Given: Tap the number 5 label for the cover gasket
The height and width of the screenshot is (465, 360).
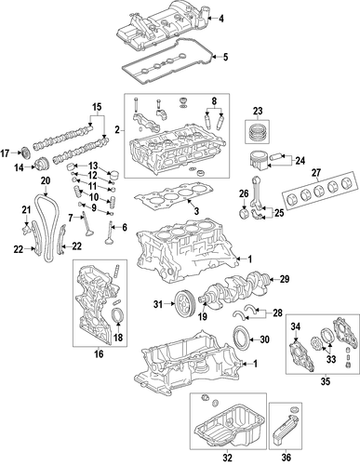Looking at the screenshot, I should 223,59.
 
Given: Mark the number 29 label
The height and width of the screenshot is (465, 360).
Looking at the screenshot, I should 286,278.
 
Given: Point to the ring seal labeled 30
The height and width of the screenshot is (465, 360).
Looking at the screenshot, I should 239,339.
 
